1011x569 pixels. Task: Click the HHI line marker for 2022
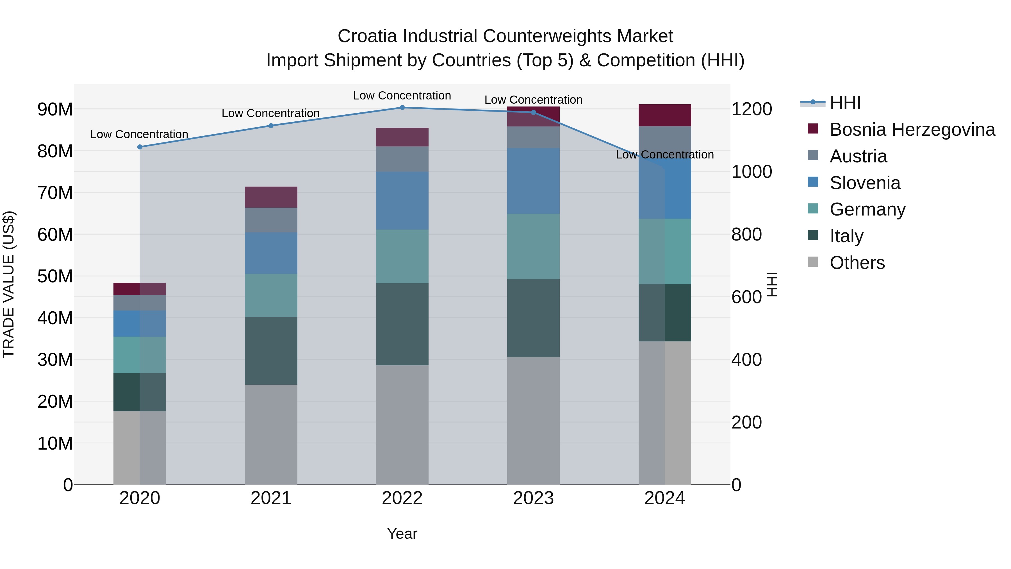[x=402, y=108]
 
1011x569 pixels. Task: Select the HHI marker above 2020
[x=140, y=147]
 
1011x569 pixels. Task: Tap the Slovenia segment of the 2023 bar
[x=533, y=181]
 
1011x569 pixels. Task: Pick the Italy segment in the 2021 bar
[x=271, y=351]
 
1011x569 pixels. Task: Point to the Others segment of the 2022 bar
[x=402, y=425]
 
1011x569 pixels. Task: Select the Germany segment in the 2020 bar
[x=140, y=355]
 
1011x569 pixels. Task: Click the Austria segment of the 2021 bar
[x=271, y=220]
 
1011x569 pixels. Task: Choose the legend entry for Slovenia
[x=865, y=183]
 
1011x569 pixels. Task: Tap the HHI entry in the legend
[x=845, y=103]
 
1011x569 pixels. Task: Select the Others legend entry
[x=857, y=263]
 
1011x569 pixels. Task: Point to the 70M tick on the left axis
[x=55, y=193]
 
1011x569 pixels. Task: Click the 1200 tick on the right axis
[x=752, y=109]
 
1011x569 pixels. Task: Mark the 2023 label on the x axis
[x=533, y=498]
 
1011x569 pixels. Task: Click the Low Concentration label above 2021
[x=271, y=113]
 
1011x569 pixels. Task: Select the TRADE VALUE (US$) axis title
[x=9, y=284]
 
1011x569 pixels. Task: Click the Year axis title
[x=402, y=534]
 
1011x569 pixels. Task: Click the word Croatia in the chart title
[x=367, y=36]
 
